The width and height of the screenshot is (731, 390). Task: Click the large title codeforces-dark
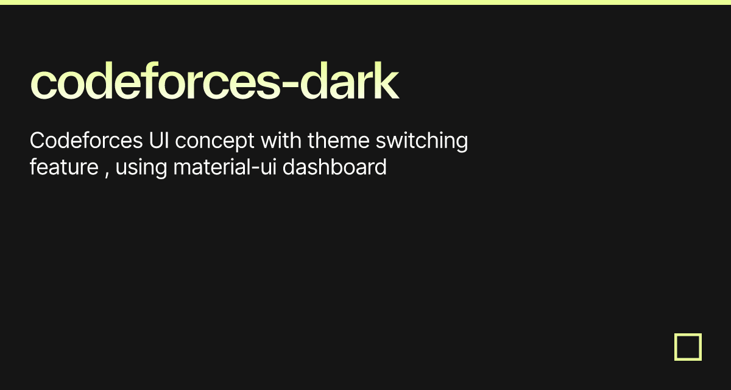[214, 82]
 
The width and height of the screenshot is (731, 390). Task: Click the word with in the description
[281, 141]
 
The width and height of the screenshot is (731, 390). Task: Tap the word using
[140, 168]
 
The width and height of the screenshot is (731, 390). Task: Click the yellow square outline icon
[688, 347]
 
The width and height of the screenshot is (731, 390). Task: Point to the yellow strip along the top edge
[365, 2]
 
